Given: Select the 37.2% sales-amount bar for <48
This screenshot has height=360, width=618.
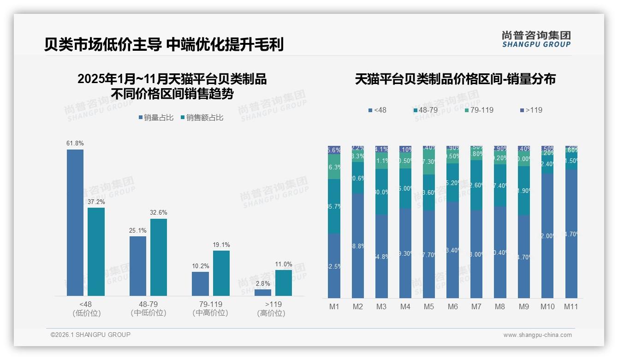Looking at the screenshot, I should point(96,252).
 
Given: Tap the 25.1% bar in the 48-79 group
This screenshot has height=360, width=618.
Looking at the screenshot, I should point(138,266).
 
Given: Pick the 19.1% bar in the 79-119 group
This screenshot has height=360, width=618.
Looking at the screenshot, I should point(221,273).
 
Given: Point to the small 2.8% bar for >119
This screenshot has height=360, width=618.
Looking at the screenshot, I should point(263,292).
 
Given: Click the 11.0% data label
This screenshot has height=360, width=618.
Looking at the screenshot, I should point(284,264).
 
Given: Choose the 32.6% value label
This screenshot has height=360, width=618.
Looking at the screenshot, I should point(159,213).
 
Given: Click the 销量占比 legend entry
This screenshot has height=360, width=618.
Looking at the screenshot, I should point(156,118).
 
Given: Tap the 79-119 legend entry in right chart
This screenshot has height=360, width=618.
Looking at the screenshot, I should point(479,110).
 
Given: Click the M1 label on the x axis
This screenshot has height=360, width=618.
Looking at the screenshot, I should point(334,306).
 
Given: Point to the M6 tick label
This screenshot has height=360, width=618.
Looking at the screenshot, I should point(452,306).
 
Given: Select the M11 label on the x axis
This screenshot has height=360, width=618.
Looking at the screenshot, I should point(571,306).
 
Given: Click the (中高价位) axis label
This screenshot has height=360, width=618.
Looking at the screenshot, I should point(210,313).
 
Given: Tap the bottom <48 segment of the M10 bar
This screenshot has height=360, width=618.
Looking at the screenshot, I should point(547,235).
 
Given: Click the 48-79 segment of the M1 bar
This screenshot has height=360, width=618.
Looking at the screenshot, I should point(334,206).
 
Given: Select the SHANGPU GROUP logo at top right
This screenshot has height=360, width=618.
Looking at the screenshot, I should point(536,39).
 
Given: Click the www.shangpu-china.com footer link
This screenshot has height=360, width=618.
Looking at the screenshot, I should point(537,335).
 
